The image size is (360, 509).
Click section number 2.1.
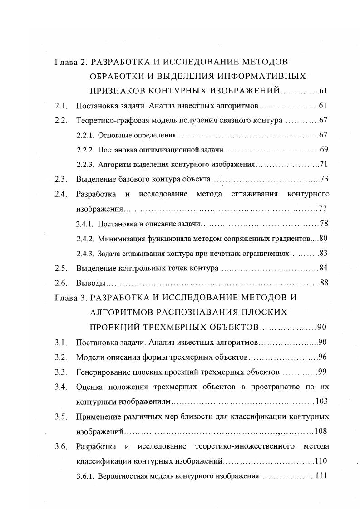(61, 106)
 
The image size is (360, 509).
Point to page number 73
(324, 179)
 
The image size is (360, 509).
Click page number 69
(324, 150)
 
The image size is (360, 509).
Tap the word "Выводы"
(91, 283)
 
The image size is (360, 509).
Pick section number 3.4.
(61, 387)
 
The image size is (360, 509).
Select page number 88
(324, 283)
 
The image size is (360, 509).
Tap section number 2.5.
(61, 268)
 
